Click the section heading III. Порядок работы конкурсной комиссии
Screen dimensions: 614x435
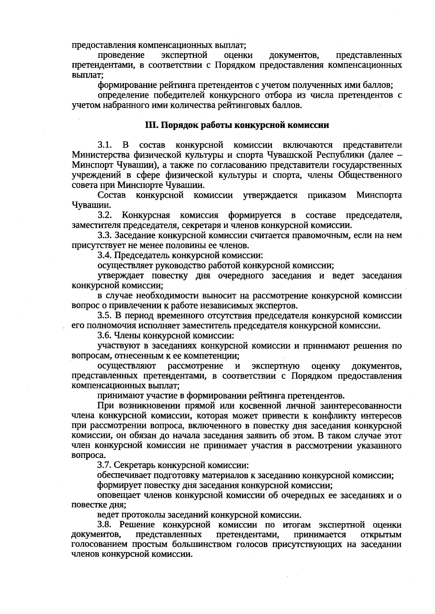point(237,125)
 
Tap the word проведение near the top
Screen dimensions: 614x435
point(121,55)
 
